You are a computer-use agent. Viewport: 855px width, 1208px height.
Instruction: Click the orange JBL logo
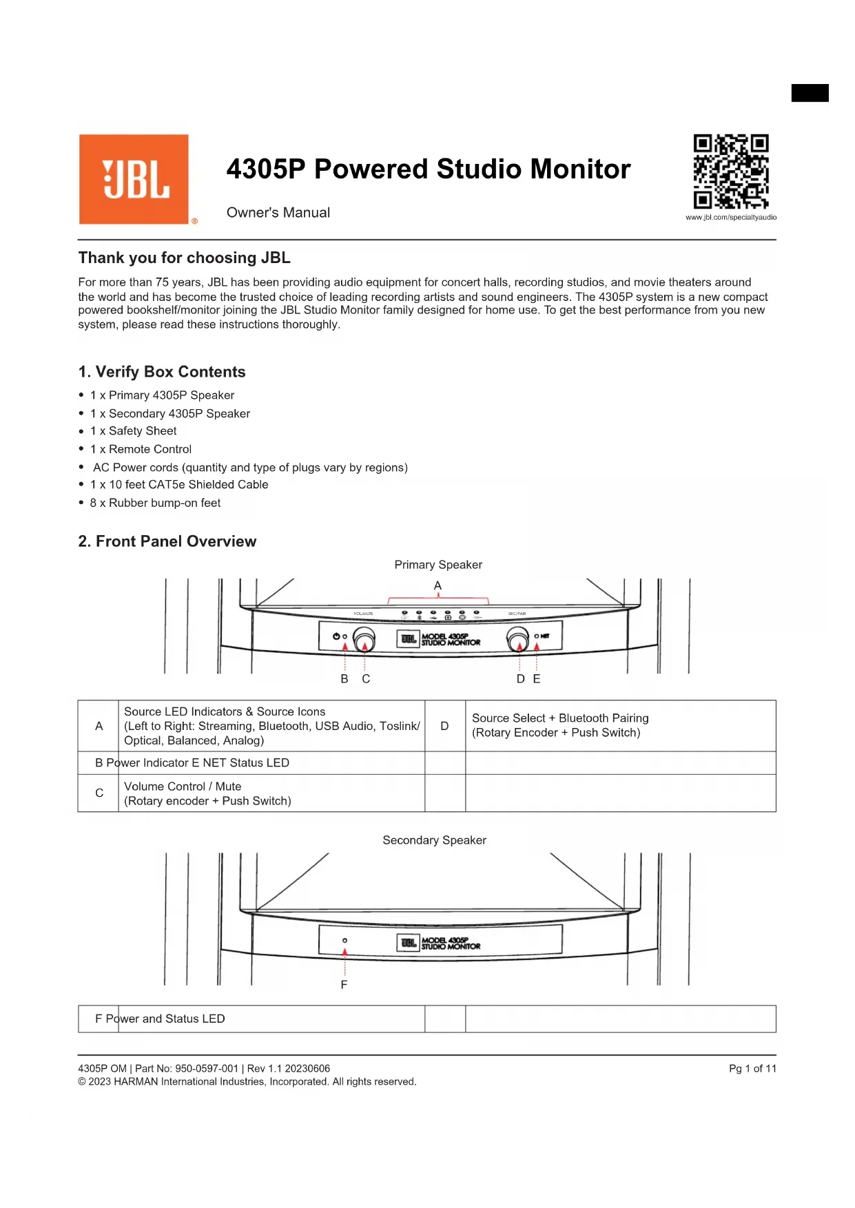tap(134, 179)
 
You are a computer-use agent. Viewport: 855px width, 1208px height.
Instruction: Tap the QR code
tap(730, 171)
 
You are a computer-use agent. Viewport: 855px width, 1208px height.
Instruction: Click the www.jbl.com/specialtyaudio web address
tap(730, 218)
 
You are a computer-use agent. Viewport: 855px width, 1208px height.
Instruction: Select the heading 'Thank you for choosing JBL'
tap(184, 258)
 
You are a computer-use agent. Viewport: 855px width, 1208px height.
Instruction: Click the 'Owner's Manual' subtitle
tap(278, 213)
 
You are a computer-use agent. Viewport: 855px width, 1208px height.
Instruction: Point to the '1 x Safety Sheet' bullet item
tap(142, 431)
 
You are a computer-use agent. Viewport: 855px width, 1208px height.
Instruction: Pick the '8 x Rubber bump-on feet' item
tap(155, 503)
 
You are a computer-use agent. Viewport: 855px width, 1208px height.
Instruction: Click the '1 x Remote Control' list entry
tap(150, 449)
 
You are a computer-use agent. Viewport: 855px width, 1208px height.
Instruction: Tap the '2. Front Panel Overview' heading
tap(167, 541)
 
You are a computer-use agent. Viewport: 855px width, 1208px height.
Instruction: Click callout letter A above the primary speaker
tap(437, 585)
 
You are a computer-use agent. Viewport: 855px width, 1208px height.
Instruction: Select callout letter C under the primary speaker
tap(366, 679)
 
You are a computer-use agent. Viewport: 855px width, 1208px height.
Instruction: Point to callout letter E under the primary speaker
tap(537, 679)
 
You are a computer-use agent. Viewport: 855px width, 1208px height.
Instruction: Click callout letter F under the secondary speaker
tap(344, 985)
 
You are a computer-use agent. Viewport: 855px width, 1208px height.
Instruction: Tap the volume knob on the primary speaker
tap(364, 639)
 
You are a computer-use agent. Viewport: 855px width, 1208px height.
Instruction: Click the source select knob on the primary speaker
tap(518, 639)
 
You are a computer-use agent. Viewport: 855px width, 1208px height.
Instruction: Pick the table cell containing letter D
tap(444, 726)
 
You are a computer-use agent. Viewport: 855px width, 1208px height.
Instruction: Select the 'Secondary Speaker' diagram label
tap(434, 840)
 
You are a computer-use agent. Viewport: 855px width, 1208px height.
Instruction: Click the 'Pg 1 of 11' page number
tap(752, 1069)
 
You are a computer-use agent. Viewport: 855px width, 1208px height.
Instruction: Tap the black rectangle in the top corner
tap(810, 93)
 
